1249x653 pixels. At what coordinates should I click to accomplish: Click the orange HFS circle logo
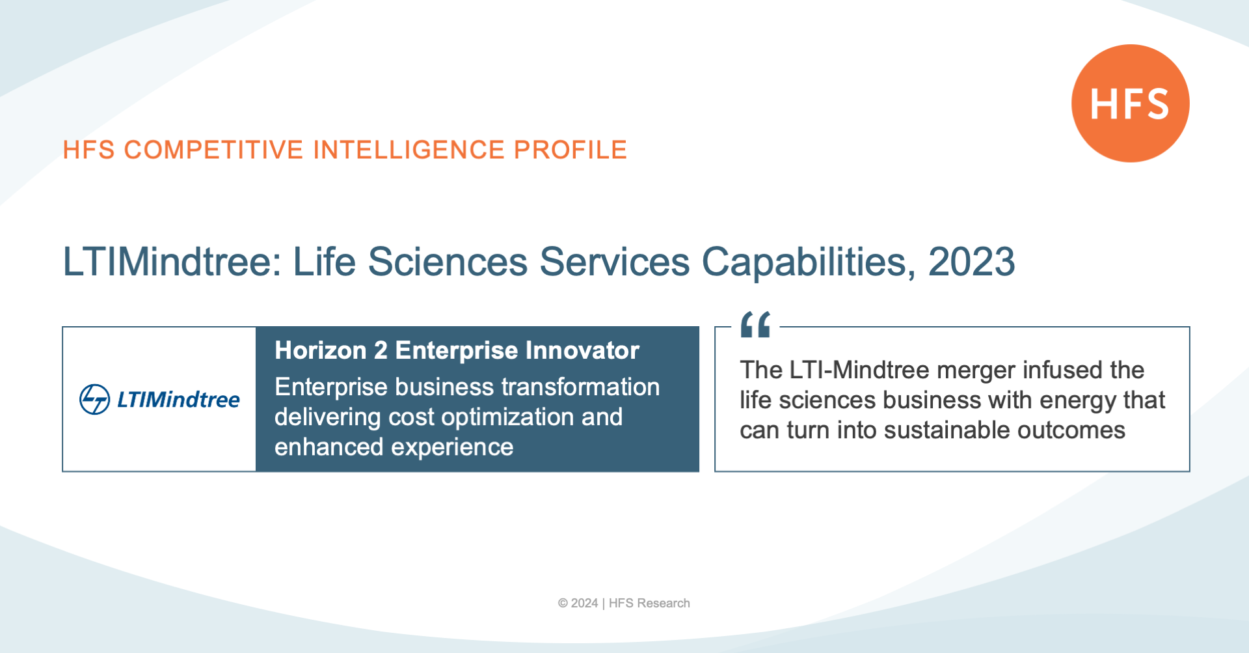(1131, 103)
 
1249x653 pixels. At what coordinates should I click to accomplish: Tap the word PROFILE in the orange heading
(571, 150)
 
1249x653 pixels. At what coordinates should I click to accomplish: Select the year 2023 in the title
(971, 262)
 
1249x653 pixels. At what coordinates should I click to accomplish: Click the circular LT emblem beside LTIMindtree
(94, 399)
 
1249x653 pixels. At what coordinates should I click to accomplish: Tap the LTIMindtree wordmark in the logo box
(178, 399)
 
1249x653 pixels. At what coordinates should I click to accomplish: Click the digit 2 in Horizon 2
(381, 350)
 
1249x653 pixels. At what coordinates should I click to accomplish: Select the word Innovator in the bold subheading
(582, 350)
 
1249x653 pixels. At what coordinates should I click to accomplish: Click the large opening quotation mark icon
(755, 324)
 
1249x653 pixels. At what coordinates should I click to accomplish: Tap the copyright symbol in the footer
(563, 604)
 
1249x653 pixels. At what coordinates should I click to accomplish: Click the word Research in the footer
(664, 604)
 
